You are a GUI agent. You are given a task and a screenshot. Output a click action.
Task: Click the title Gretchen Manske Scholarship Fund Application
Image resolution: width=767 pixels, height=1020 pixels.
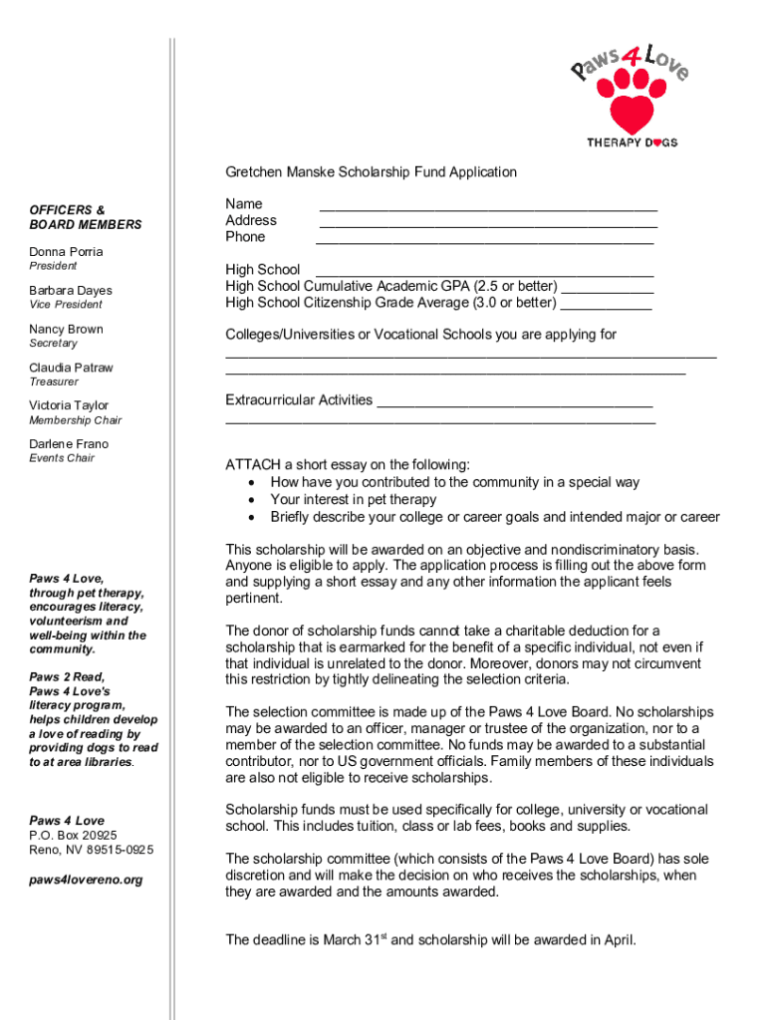tap(371, 172)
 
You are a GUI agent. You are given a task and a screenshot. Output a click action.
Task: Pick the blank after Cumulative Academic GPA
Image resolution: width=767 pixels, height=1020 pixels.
tap(608, 289)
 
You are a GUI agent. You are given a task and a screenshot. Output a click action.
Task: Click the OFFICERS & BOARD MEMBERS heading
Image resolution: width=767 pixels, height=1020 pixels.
tap(85, 217)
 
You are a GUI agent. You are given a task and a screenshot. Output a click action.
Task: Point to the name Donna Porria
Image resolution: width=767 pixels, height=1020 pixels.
tap(66, 252)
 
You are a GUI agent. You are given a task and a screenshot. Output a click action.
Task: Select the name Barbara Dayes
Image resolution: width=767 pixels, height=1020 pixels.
tap(71, 291)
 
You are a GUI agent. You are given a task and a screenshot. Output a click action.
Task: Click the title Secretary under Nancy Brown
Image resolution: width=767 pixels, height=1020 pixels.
tap(53, 344)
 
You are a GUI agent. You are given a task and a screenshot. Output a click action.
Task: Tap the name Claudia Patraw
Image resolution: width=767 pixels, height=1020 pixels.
tap(71, 368)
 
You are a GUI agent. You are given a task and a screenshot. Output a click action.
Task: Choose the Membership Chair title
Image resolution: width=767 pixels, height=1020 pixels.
tap(75, 420)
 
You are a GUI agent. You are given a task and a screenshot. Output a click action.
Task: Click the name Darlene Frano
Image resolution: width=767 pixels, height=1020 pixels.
tap(69, 444)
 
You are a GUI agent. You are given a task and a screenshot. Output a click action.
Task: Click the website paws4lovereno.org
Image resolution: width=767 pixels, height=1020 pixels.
tap(86, 880)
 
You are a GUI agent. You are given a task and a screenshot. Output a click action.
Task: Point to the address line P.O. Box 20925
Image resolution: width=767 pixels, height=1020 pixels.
tap(73, 835)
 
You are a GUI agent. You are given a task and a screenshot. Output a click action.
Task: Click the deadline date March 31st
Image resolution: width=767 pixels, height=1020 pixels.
tap(344, 939)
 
